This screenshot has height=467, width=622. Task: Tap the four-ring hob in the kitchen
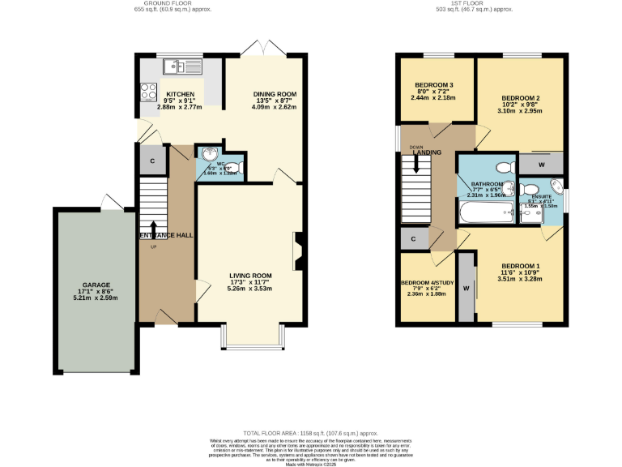[148, 92]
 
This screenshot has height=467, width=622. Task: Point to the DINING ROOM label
[275, 94]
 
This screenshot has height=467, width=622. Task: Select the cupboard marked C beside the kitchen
[153, 161]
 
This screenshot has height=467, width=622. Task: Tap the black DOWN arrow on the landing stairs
[416, 164]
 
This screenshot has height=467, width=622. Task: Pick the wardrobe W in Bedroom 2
[540, 165]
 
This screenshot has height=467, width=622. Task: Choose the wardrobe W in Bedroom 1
[466, 288]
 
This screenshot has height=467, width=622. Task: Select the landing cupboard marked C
[413, 239]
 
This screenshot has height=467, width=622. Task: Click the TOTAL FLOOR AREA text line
[311, 434]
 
